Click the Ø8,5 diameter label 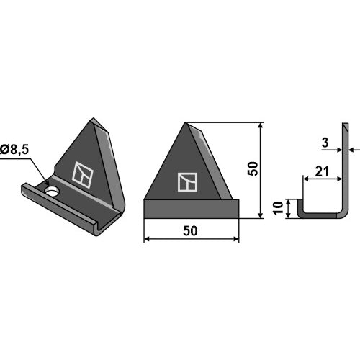coord(14,150)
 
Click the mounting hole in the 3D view coord(52,192)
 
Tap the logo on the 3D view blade coord(83,175)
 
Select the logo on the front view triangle coord(187,182)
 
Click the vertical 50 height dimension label coord(253,168)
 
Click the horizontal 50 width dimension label coord(190,231)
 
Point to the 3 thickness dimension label coord(325,143)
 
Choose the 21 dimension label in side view coord(322,171)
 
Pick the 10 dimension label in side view coord(278,208)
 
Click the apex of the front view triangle coord(185,123)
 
